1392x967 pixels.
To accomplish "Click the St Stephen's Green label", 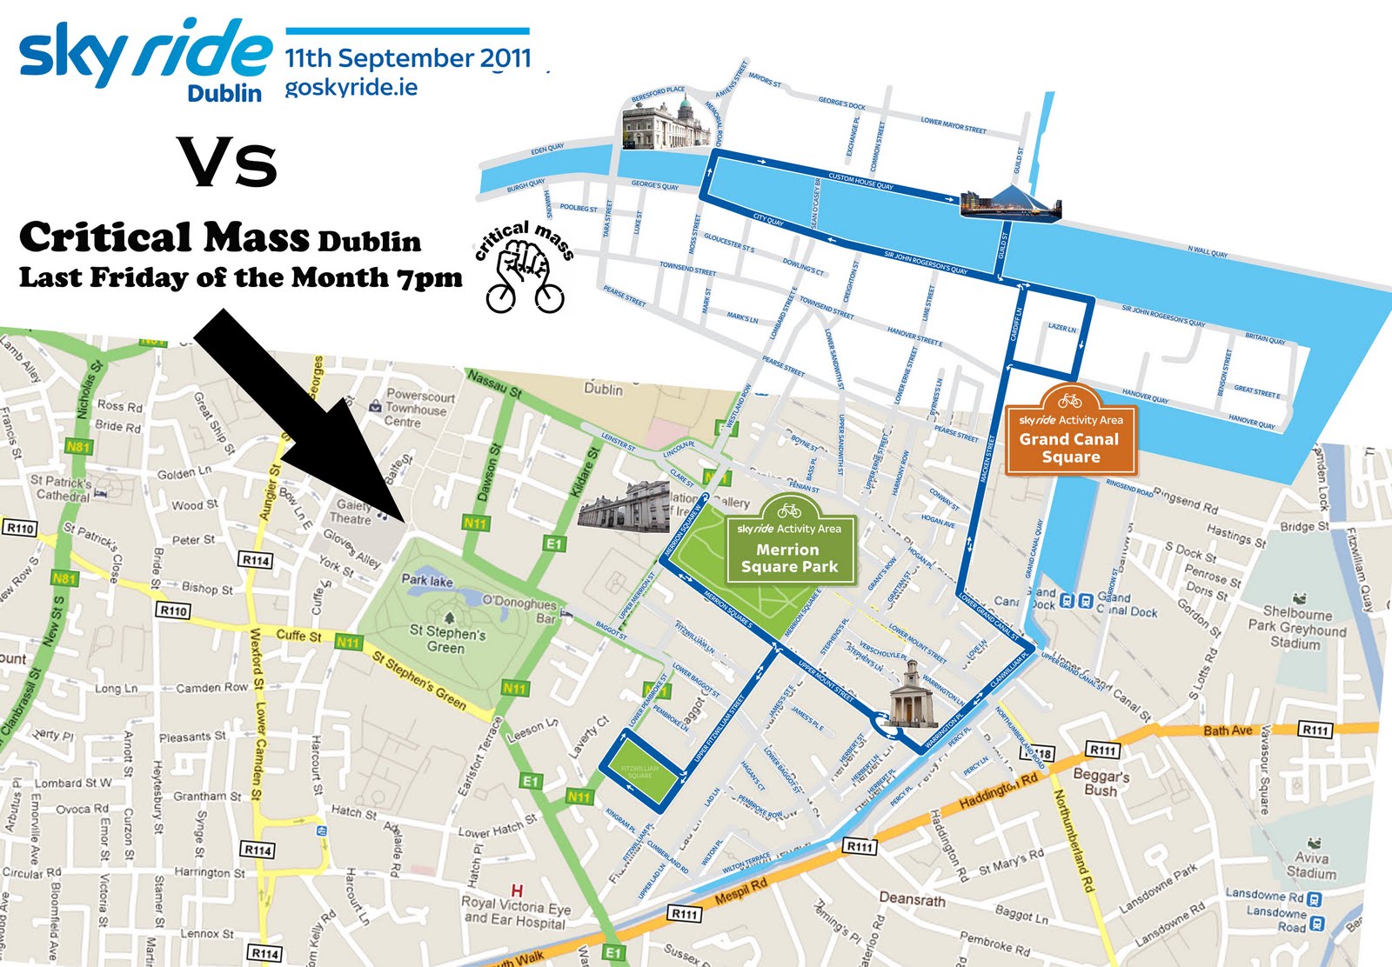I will tap(446, 640).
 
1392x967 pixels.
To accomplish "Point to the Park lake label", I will tap(426, 580).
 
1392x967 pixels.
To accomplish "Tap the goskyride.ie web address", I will tap(351, 88).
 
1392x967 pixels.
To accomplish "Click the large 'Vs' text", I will tap(229, 162).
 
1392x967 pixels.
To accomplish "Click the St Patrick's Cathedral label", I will tap(61, 488).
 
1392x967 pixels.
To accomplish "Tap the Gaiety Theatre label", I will tap(352, 511).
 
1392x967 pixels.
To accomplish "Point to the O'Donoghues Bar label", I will tap(519, 609).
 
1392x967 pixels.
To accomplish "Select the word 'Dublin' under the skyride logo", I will tap(224, 93).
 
